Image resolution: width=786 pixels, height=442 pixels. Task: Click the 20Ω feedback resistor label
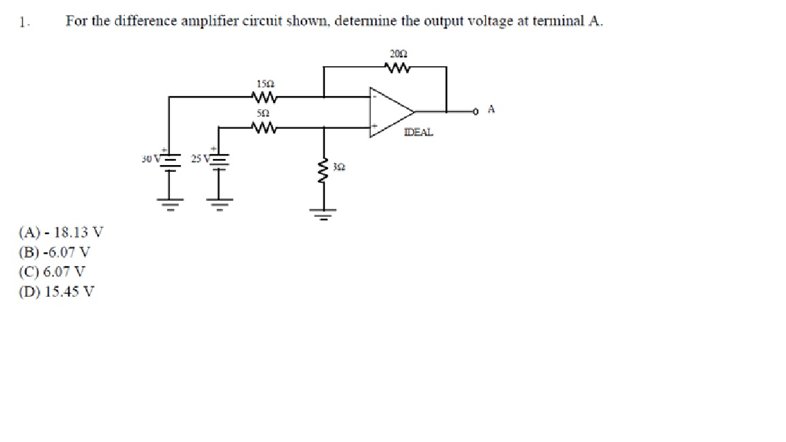[x=398, y=54]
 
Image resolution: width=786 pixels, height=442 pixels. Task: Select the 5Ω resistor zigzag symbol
[x=263, y=126]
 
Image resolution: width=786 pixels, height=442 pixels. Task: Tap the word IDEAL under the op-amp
[x=418, y=132]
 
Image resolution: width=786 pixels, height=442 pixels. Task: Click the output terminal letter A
[x=491, y=109]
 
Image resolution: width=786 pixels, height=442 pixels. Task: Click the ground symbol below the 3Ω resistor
[x=324, y=213]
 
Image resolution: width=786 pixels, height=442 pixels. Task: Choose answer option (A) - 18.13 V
[x=61, y=231]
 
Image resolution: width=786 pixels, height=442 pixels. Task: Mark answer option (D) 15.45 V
[x=57, y=291]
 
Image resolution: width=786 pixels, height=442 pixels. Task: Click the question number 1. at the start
[x=24, y=21]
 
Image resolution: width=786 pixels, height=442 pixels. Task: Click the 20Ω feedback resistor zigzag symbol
[x=398, y=67]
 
